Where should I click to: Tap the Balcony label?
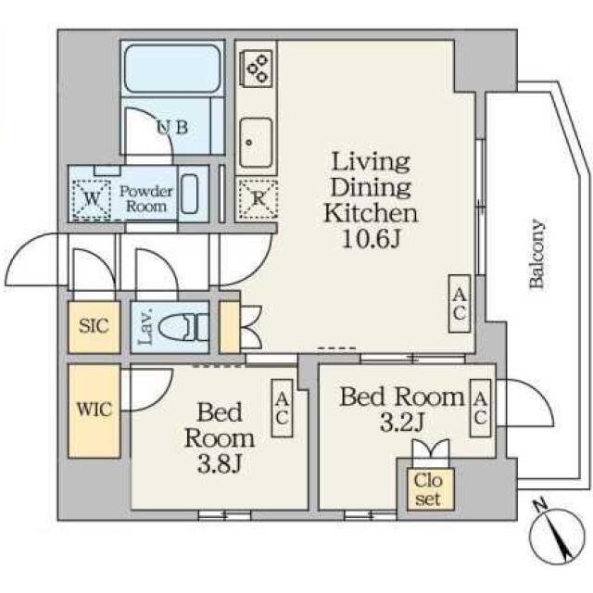[x=537, y=254]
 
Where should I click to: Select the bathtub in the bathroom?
[x=172, y=69]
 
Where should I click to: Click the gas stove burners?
[x=256, y=69]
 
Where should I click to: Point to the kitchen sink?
[x=256, y=143]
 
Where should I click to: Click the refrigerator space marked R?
[x=258, y=199]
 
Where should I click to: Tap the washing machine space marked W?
[x=91, y=199]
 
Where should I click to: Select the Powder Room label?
[x=146, y=198]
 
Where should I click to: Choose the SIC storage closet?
[x=95, y=327]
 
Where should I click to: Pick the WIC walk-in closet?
[x=95, y=410]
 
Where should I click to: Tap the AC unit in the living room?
[x=460, y=304]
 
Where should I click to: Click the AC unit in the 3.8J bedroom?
[x=282, y=409]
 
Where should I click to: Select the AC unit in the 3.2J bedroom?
[x=480, y=408]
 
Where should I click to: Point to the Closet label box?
[x=428, y=490]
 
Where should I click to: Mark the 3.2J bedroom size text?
[x=401, y=423]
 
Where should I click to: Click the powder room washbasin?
[x=189, y=194]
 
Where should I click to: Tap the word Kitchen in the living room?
[x=371, y=213]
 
